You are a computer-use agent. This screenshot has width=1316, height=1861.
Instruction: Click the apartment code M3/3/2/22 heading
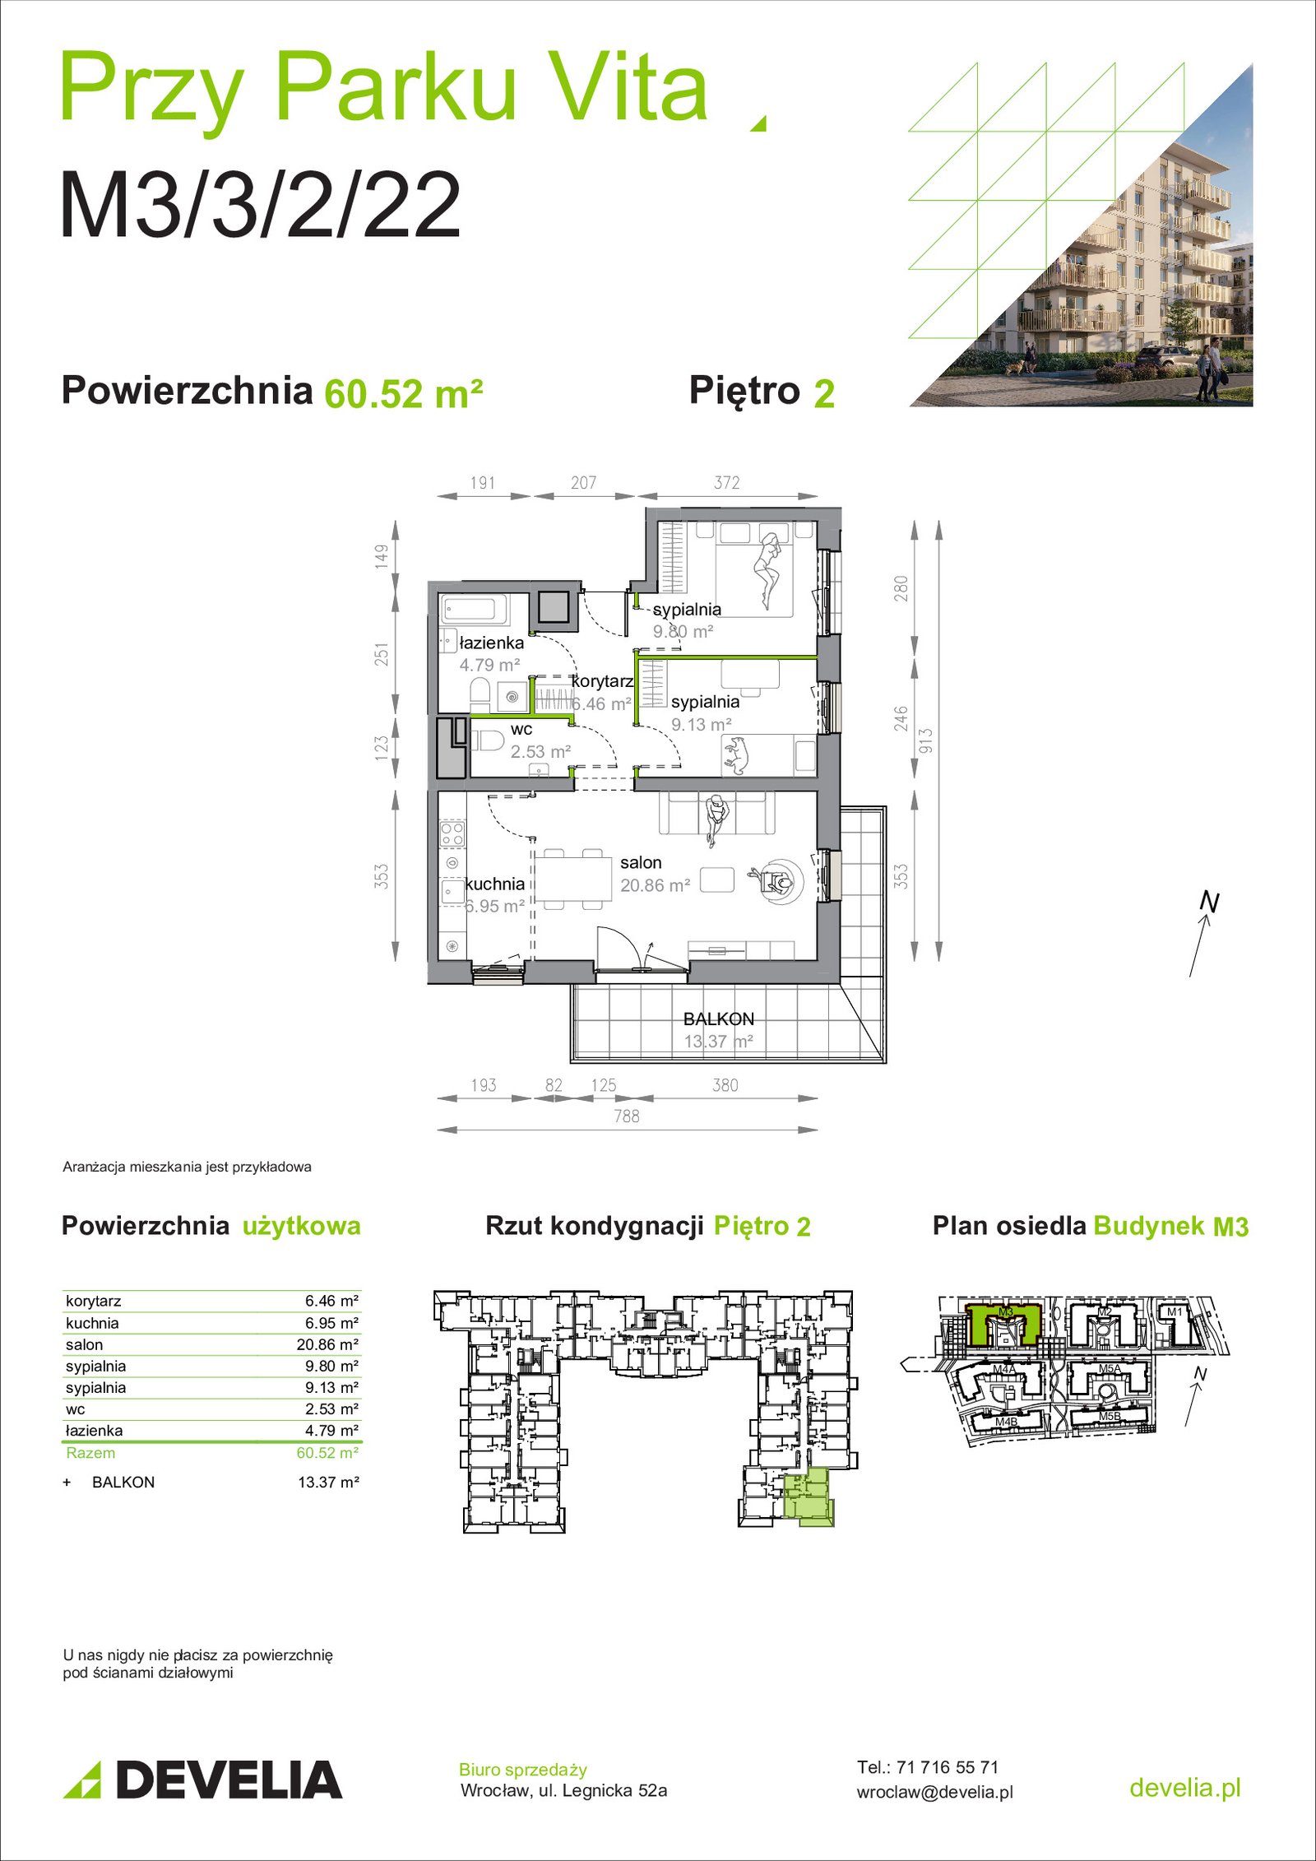click(x=260, y=205)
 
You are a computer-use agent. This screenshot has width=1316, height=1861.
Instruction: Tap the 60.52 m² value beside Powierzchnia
click(x=403, y=393)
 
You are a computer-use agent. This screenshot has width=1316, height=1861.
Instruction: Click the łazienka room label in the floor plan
click(x=491, y=643)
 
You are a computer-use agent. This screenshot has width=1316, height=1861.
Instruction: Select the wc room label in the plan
click(x=521, y=730)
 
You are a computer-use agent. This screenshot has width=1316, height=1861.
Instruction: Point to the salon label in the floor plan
click(x=641, y=862)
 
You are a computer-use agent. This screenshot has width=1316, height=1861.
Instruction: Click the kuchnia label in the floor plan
click(x=495, y=884)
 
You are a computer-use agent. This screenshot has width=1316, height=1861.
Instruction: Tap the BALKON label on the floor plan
click(x=718, y=1019)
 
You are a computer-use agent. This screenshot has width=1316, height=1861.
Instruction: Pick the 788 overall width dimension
click(x=627, y=1116)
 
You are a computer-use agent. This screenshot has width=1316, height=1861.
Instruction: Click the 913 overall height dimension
click(x=926, y=740)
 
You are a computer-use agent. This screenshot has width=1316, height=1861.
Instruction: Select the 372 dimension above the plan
click(x=727, y=483)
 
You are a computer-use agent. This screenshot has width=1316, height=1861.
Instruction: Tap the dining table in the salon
click(x=572, y=879)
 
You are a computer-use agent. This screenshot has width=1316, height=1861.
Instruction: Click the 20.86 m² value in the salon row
click(x=327, y=1344)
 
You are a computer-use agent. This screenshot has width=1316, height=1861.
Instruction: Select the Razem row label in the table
click(x=90, y=1453)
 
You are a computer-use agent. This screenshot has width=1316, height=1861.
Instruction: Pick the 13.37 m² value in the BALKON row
click(x=328, y=1482)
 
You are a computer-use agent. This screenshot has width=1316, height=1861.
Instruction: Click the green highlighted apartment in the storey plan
click(x=807, y=1498)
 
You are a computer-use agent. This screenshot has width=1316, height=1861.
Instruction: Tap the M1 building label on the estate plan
click(x=1175, y=1311)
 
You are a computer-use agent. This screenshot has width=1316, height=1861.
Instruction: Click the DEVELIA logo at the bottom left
click(x=202, y=1780)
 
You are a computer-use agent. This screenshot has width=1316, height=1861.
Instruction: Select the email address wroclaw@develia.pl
click(x=934, y=1792)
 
